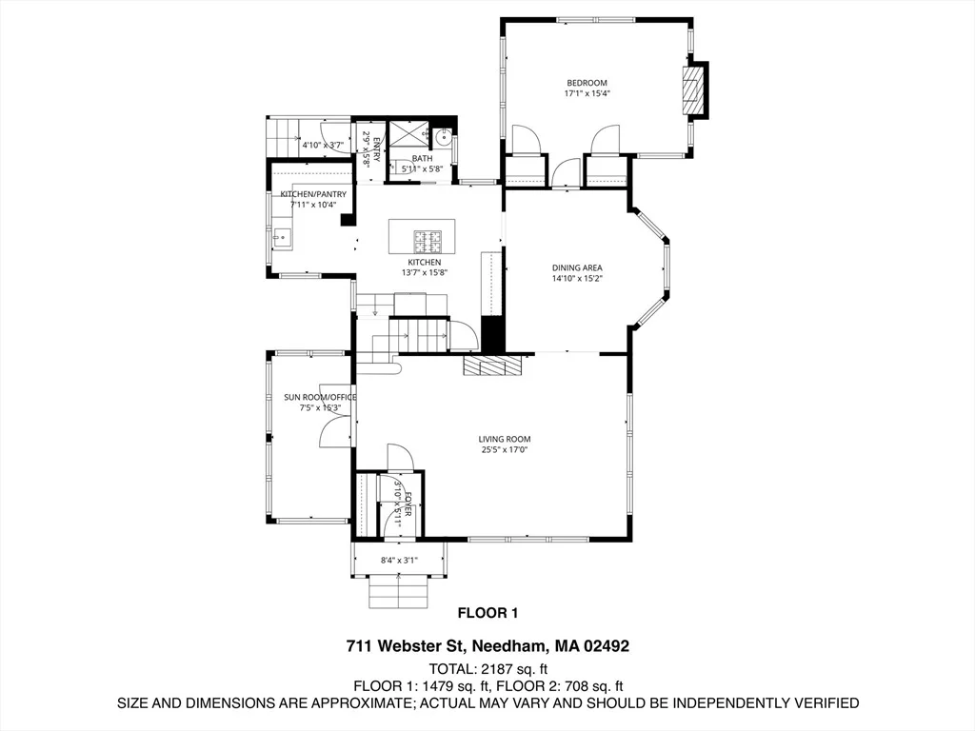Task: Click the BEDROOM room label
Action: pos(587,83)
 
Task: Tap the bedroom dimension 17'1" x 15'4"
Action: pos(587,94)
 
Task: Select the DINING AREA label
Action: pos(577,267)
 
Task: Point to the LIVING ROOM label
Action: pos(505,439)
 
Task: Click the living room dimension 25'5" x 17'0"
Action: pos(505,450)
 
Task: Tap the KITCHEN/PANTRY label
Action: pos(313,194)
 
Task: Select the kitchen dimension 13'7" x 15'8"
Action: pos(425,272)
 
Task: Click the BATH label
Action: pos(422,159)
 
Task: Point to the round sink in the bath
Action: pos(443,137)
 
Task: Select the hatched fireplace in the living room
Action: pos(492,365)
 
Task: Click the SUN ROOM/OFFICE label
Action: pos(320,397)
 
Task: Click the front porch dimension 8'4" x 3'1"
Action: pos(399,560)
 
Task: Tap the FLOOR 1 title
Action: pos(487,613)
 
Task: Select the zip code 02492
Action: pos(607,646)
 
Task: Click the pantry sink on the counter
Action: pos(282,237)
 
